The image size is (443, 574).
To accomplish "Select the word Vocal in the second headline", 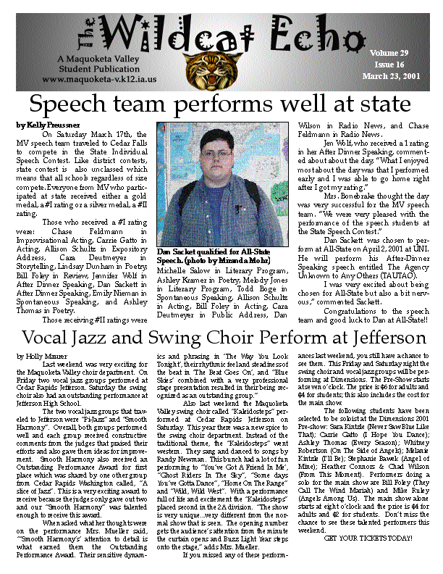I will (x=48, y=338).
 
